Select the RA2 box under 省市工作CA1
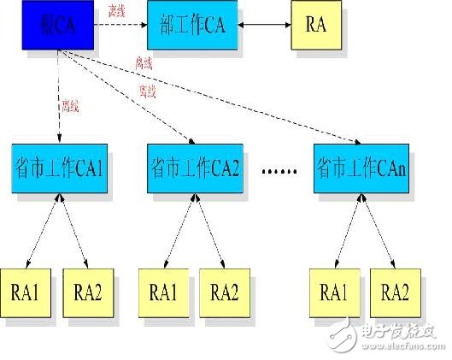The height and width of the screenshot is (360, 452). (x=87, y=291)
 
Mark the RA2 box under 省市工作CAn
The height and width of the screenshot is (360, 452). (x=396, y=291)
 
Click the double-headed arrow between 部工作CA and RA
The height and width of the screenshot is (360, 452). (x=265, y=26)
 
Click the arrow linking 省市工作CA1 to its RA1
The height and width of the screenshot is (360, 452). (x=43, y=227)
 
